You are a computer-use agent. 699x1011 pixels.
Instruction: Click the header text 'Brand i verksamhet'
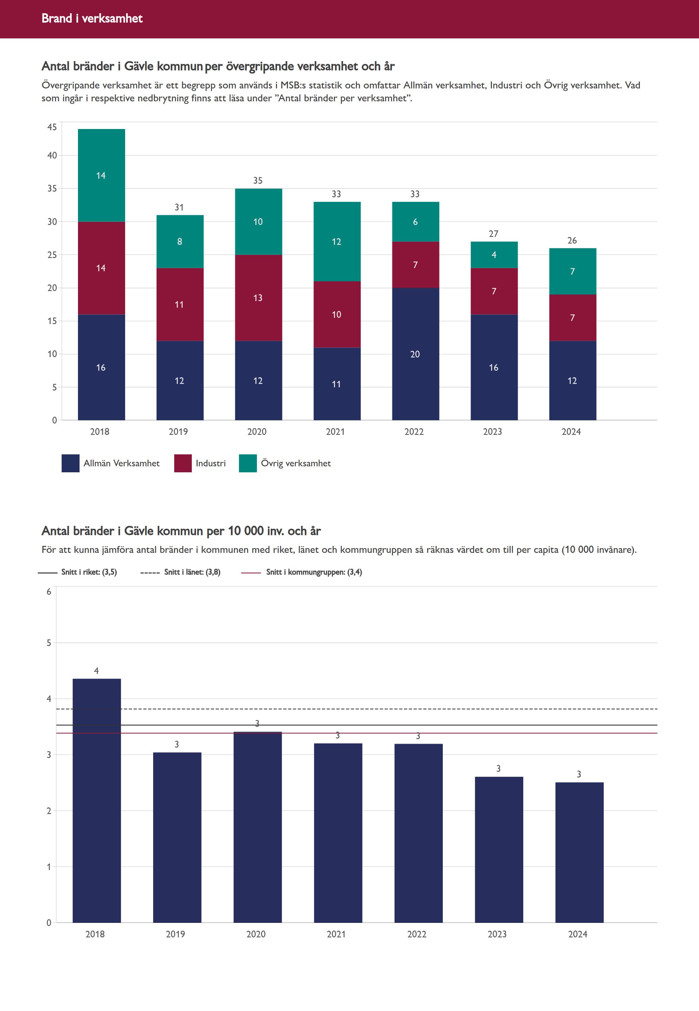(x=92, y=18)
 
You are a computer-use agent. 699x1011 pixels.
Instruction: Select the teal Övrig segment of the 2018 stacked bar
(x=101, y=175)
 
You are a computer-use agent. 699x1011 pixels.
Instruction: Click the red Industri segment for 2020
(x=258, y=298)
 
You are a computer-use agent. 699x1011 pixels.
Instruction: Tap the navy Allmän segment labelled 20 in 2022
(x=415, y=354)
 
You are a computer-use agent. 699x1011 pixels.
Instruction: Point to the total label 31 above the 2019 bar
(x=179, y=207)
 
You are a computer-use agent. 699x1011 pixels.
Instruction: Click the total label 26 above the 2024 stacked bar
(x=572, y=241)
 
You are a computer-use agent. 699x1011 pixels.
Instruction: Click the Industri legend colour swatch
(x=183, y=463)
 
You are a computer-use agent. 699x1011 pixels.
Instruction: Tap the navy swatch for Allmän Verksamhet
(x=70, y=463)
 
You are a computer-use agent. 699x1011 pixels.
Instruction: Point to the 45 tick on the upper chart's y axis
(x=52, y=127)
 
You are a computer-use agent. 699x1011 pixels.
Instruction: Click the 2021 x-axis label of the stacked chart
(x=336, y=432)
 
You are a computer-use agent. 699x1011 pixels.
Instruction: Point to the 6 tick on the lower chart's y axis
(x=49, y=592)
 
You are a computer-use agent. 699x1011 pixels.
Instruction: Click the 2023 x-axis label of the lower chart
(x=497, y=934)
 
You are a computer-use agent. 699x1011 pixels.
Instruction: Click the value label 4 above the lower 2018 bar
(x=96, y=671)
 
